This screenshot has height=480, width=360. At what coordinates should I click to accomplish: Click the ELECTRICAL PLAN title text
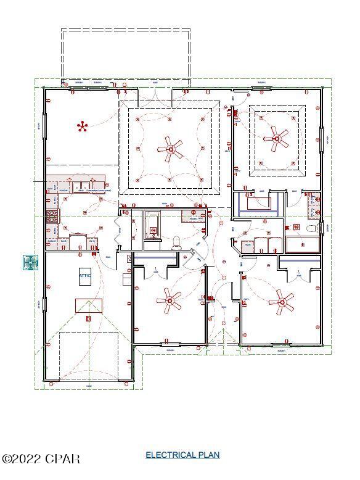tap(182, 455)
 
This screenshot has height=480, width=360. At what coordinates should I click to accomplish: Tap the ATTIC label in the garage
tap(85, 276)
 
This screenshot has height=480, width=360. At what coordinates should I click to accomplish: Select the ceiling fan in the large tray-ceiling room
tap(170, 147)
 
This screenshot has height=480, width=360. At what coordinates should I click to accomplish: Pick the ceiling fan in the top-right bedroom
tap(276, 139)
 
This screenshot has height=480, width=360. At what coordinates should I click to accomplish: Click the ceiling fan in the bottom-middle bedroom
tap(169, 301)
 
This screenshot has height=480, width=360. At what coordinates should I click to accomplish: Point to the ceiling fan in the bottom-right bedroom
tap(284, 302)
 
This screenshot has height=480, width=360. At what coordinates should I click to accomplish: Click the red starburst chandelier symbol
tap(82, 126)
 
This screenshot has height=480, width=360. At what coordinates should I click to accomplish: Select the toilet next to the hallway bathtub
tap(176, 241)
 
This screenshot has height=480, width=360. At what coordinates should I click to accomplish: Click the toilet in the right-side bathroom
tap(313, 228)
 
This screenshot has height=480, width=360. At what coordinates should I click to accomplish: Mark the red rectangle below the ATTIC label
tap(89, 305)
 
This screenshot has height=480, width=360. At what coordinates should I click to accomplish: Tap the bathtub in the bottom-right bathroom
tap(302, 244)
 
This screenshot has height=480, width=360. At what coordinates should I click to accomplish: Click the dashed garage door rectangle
tap(89, 356)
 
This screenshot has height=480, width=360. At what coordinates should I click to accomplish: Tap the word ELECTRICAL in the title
tap(171, 455)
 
